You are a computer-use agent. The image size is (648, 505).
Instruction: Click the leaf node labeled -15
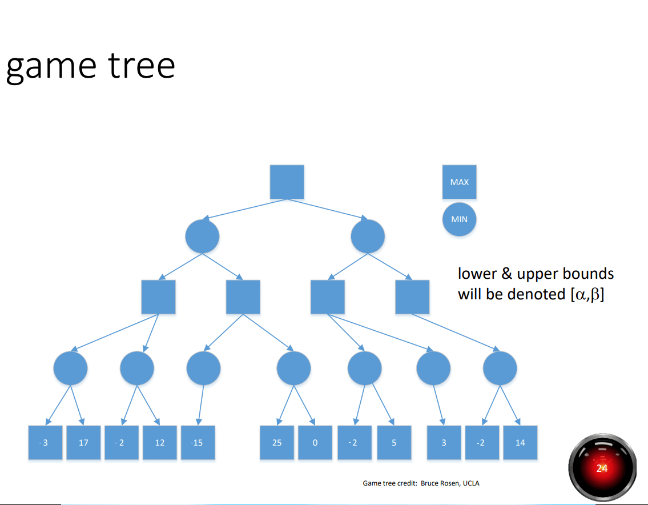click(x=198, y=443)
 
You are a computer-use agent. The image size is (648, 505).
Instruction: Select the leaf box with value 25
click(x=277, y=443)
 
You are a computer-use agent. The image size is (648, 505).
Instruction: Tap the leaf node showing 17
click(x=83, y=443)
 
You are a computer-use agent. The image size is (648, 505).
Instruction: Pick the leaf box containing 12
click(x=160, y=443)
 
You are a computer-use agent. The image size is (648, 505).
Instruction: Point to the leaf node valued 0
click(x=315, y=443)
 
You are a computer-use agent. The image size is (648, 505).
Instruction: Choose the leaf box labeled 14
click(x=520, y=443)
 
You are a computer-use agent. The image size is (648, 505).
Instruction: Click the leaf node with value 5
click(x=394, y=443)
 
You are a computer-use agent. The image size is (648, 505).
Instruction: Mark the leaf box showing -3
click(x=46, y=443)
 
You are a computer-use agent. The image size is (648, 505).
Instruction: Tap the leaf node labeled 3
click(x=444, y=443)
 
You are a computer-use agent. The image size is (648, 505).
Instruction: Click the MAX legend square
click(x=460, y=182)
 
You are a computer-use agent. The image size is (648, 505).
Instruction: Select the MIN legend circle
click(x=460, y=219)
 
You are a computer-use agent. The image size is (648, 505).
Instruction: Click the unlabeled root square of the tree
click(x=287, y=182)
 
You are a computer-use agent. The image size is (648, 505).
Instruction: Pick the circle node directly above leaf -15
click(x=203, y=368)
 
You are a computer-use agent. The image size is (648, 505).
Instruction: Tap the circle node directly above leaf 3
click(x=433, y=368)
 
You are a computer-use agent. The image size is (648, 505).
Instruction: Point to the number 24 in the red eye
click(x=602, y=468)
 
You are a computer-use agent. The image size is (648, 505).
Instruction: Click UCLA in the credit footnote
click(x=472, y=483)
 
